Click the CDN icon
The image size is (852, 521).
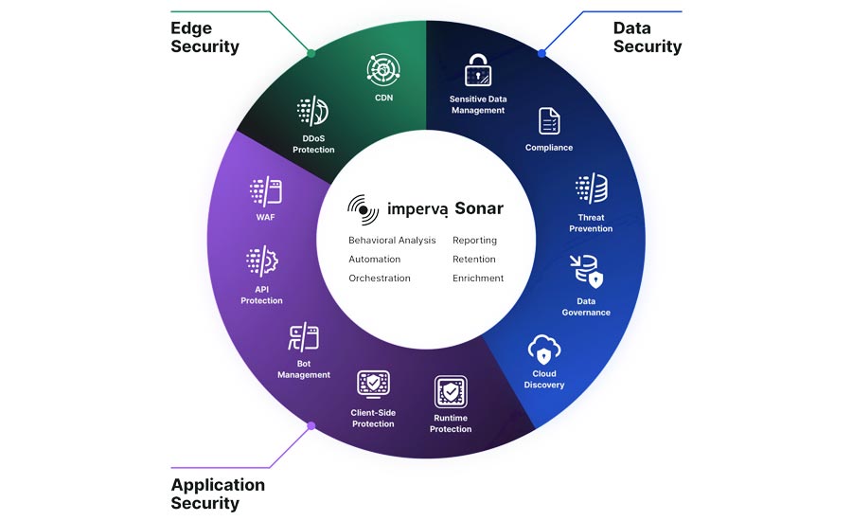[x=383, y=68]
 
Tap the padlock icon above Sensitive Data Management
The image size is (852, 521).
[x=477, y=70]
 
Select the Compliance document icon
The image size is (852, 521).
[x=549, y=121]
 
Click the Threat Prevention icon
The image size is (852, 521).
[x=591, y=189]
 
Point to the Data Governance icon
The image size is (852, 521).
[x=586, y=271]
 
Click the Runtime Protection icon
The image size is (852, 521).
[x=451, y=392]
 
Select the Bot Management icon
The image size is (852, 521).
[x=304, y=338]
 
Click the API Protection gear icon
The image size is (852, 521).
[x=261, y=261]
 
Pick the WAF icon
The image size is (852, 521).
[x=265, y=191]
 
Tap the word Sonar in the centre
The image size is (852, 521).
[x=479, y=208]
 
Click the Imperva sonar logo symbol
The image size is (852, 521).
[x=363, y=208]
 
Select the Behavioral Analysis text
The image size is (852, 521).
[x=392, y=241]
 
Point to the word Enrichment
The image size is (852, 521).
[x=478, y=278]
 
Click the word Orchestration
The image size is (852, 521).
[x=380, y=278]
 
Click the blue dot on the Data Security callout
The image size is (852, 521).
[x=541, y=53]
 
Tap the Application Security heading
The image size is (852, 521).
[x=218, y=494]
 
